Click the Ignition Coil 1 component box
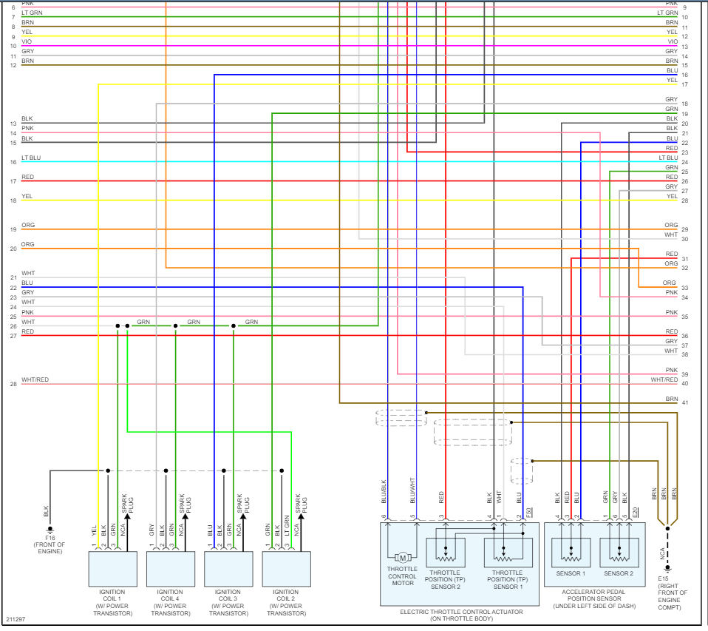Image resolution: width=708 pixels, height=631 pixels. [112, 568]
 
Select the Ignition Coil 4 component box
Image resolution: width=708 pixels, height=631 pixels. [170, 568]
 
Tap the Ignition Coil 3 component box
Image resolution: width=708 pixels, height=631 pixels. [228, 568]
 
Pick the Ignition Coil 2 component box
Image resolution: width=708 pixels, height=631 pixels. [286, 568]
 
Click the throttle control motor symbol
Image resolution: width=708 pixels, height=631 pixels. [403, 557]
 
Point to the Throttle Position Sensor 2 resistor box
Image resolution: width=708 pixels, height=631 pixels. [447, 552]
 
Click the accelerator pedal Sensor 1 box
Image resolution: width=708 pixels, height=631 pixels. [570, 552]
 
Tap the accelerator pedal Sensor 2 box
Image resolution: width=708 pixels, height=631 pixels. [619, 552]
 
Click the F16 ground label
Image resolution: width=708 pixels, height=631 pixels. [50, 538]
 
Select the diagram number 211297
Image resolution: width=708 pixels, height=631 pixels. [16, 618]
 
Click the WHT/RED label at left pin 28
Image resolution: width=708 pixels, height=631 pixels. [35, 380]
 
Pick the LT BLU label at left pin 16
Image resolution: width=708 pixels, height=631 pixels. [31, 158]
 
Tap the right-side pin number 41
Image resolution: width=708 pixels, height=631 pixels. [685, 402]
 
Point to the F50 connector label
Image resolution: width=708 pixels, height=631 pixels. [529, 510]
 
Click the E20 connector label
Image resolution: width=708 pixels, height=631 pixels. [636, 510]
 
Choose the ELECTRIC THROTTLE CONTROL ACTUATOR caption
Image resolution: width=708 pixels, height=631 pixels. [461, 612]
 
